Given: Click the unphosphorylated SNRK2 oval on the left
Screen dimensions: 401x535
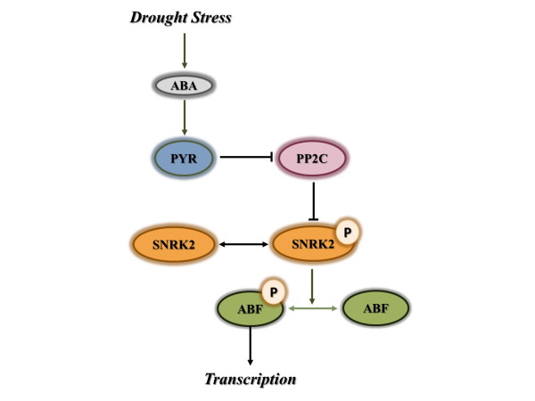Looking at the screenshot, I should pos(173,243).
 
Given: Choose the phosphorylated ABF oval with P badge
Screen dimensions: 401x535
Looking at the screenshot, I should pos(250,309).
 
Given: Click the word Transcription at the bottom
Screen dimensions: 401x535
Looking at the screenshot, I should pos(250,379).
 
